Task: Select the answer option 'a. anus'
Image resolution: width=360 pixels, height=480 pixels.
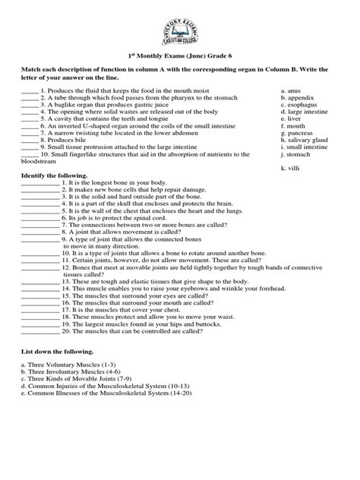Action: pos(290,91)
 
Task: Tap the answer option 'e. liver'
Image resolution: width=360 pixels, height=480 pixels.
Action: pos(290,118)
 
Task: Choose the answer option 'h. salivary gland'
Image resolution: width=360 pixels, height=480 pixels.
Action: pos(304,140)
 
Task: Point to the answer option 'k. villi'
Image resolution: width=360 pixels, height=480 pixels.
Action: pos(289,167)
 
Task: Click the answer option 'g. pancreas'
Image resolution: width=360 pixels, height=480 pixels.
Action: pos(296,133)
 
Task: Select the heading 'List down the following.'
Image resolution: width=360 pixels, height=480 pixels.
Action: pos(52,352)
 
